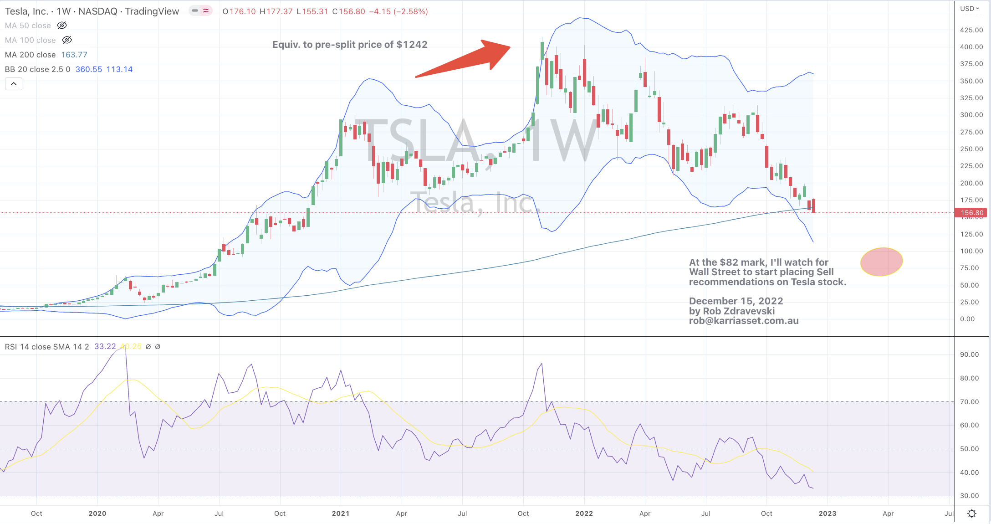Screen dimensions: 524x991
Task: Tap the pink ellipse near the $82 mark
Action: [x=881, y=262]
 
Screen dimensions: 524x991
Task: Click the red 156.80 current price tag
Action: [x=971, y=213]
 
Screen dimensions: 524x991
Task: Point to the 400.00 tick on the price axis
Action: [x=971, y=47]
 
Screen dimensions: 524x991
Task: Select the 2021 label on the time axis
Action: [x=340, y=514]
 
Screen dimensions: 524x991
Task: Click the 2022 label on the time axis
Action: [x=584, y=514]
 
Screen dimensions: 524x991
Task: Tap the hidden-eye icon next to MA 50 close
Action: [x=62, y=26]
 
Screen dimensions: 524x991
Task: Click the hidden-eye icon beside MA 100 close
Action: [x=67, y=40]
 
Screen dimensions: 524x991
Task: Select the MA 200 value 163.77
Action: [x=74, y=55]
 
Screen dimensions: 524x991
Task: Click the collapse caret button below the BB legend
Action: [x=14, y=84]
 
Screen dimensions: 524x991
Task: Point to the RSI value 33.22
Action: [x=105, y=347]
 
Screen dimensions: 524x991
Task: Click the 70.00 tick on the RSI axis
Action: [x=969, y=402]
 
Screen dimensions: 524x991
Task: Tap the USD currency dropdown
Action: [x=970, y=9]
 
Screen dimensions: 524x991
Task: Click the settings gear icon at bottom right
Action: [x=972, y=514]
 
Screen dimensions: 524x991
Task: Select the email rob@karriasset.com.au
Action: [x=744, y=321]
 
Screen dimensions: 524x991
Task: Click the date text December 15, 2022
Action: [x=736, y=301]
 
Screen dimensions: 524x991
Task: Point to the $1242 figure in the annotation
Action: [x=412, y=45]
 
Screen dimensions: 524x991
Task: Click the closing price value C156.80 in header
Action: [x=348, y=11]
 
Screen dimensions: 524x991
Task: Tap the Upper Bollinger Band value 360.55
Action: [x=89, y=69]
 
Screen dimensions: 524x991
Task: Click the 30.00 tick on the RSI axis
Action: [x=969, y=496]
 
